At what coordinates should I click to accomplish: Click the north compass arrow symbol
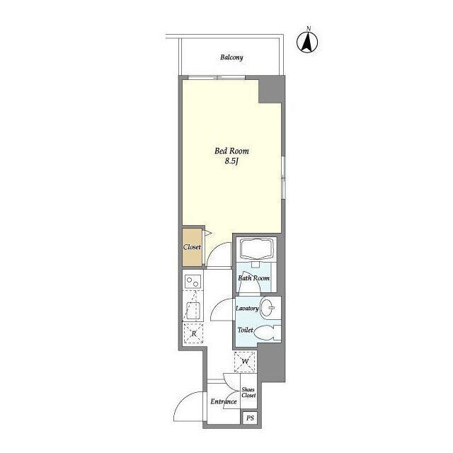tap(307, 42)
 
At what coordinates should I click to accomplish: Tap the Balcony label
tap(231, 57)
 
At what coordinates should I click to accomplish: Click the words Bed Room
tap(231, 151)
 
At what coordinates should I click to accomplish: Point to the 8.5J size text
tap(231, 161)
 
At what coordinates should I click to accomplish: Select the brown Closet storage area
tap(192, 247)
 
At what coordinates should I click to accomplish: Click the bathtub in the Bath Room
tap(256, 248)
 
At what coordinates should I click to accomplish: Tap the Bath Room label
tap(253, 278)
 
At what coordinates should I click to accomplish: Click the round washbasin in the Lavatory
tap(268, 308)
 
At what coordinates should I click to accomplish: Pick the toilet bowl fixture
tap(268, 333)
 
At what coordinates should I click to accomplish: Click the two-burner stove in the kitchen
tap(193, 282)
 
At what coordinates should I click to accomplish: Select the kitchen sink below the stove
tap(193, 310)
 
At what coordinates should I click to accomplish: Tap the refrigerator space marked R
tap(193, 333)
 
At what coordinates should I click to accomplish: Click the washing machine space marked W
tap(245, 362)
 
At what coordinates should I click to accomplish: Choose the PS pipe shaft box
tap(250, 418)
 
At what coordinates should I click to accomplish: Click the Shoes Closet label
tap(248, 393)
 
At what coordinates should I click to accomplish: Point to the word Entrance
tap(224, 401)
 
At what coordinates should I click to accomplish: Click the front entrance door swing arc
tap(182, 400)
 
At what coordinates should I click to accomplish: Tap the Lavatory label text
tap(247, 309)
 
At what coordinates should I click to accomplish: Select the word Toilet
tap(246, 330)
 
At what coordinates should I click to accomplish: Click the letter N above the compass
tap(309, 28)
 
